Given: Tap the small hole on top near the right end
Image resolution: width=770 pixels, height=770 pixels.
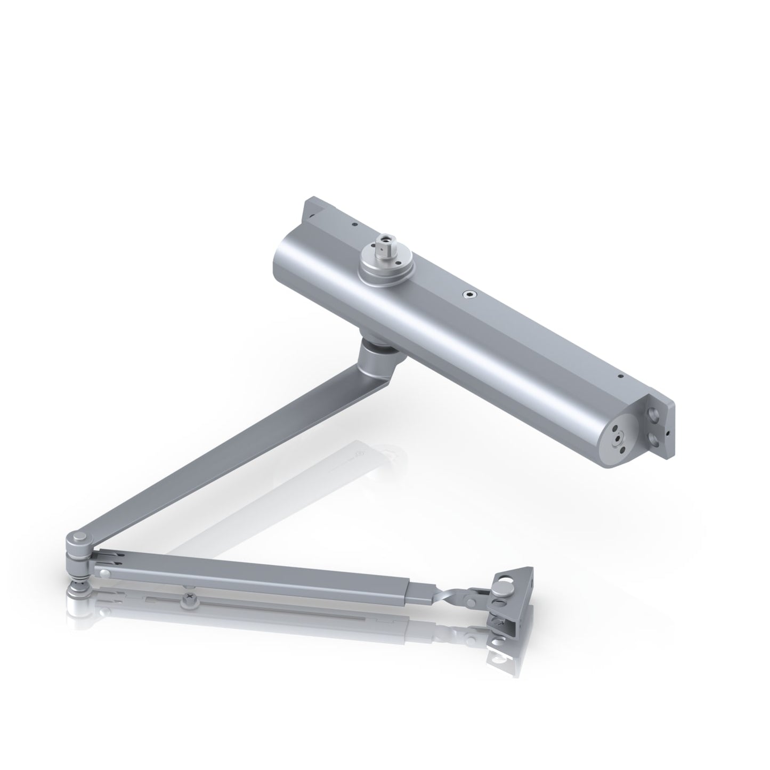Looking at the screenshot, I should coord(620,376).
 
